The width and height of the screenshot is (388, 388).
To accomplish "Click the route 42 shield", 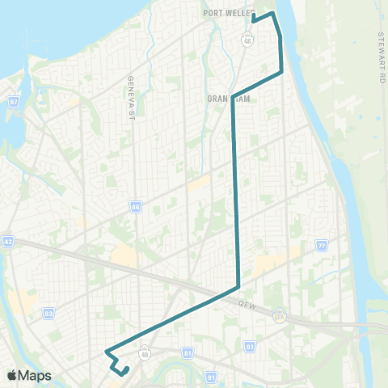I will click(8, 241).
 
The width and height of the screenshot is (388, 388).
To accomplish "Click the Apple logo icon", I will click(12, 376).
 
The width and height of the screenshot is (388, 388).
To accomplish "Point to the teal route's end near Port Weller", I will click(253, 15).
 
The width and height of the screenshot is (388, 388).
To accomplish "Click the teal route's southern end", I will click(128, 369).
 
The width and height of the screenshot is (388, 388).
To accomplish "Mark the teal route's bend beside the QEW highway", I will click(238, 287).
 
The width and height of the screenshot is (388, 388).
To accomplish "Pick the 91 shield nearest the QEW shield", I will click(249, 346).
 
